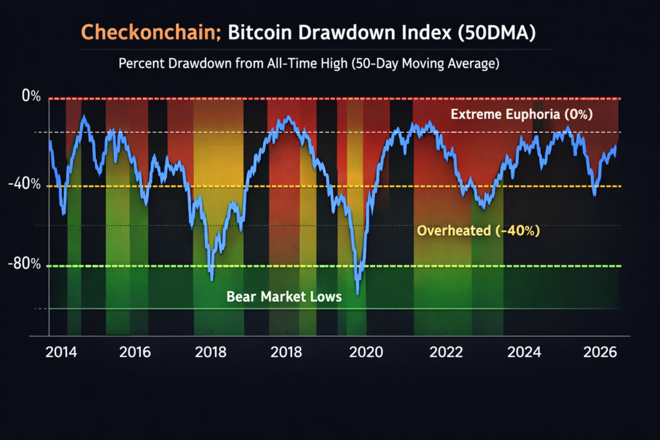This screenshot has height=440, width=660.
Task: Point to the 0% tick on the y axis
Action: tap(31, 97)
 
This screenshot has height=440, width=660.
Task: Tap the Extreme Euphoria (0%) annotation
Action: tap(521, 115)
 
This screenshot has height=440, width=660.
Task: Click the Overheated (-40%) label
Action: tap(478, 230)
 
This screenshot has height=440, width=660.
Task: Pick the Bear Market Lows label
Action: tap(284, 297)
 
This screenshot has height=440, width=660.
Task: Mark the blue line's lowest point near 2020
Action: tap(357, 293)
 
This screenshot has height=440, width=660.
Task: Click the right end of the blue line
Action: tap(616, 147)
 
